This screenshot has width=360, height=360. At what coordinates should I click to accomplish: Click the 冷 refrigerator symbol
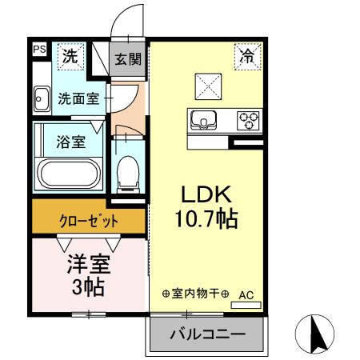pyautogui.click(x=247, y=56)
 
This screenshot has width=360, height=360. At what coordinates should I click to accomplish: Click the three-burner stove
pyautogui.click(x=248, y=121)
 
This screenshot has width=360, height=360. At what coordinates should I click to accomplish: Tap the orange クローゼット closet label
pyautogui.click(x=89, y=220)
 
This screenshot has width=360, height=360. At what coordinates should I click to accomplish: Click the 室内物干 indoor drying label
pyautogui.click(x=195, y=294)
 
